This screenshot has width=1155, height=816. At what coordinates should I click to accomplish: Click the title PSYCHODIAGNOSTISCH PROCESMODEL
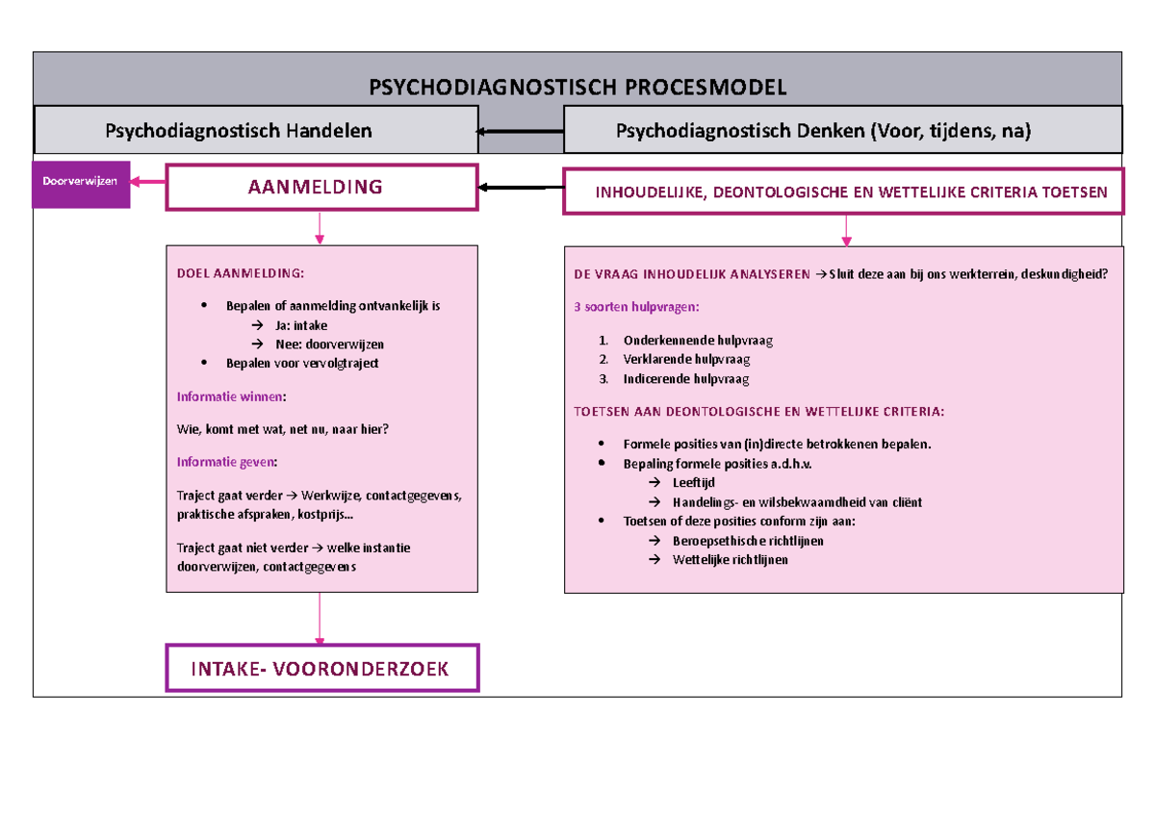[x=577, y=88]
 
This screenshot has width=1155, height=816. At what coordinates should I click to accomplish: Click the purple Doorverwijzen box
[x=81, y=183]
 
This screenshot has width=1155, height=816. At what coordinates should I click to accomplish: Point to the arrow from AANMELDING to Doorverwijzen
[x=148, y=181]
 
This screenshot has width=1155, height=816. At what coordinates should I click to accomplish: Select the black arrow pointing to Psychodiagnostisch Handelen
[x=521, y=131]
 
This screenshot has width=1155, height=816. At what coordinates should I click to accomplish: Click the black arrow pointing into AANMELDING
[x=521, y=188]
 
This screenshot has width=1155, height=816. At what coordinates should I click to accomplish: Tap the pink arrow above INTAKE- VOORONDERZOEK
[x=319, y=621]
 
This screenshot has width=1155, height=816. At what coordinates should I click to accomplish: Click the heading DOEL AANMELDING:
[x=240, y=273]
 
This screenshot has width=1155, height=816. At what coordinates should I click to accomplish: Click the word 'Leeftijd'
[x=693, y=483]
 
